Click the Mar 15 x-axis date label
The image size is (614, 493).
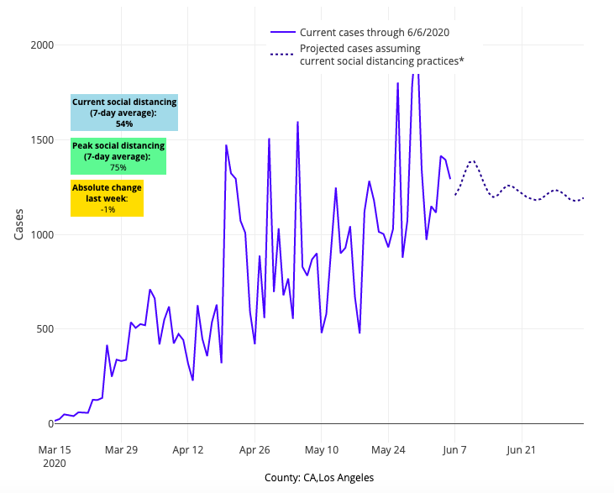(54, 449)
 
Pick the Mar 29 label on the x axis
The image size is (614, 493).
(121, 449)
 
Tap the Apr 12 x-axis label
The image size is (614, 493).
(187, 449)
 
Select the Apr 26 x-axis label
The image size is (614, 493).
(254, 449)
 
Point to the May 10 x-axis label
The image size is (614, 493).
(321, 449)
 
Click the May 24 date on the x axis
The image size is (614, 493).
(387, 449)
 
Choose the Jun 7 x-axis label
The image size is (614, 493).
(454, 449)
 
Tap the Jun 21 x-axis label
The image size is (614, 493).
(521, 449)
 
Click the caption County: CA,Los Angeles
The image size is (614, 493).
(319, 478)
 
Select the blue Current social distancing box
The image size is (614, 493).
(124, 113)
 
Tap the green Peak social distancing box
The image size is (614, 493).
(118, 156)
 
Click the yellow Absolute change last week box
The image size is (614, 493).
(107, 198)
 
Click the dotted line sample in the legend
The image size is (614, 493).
(282, 55)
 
